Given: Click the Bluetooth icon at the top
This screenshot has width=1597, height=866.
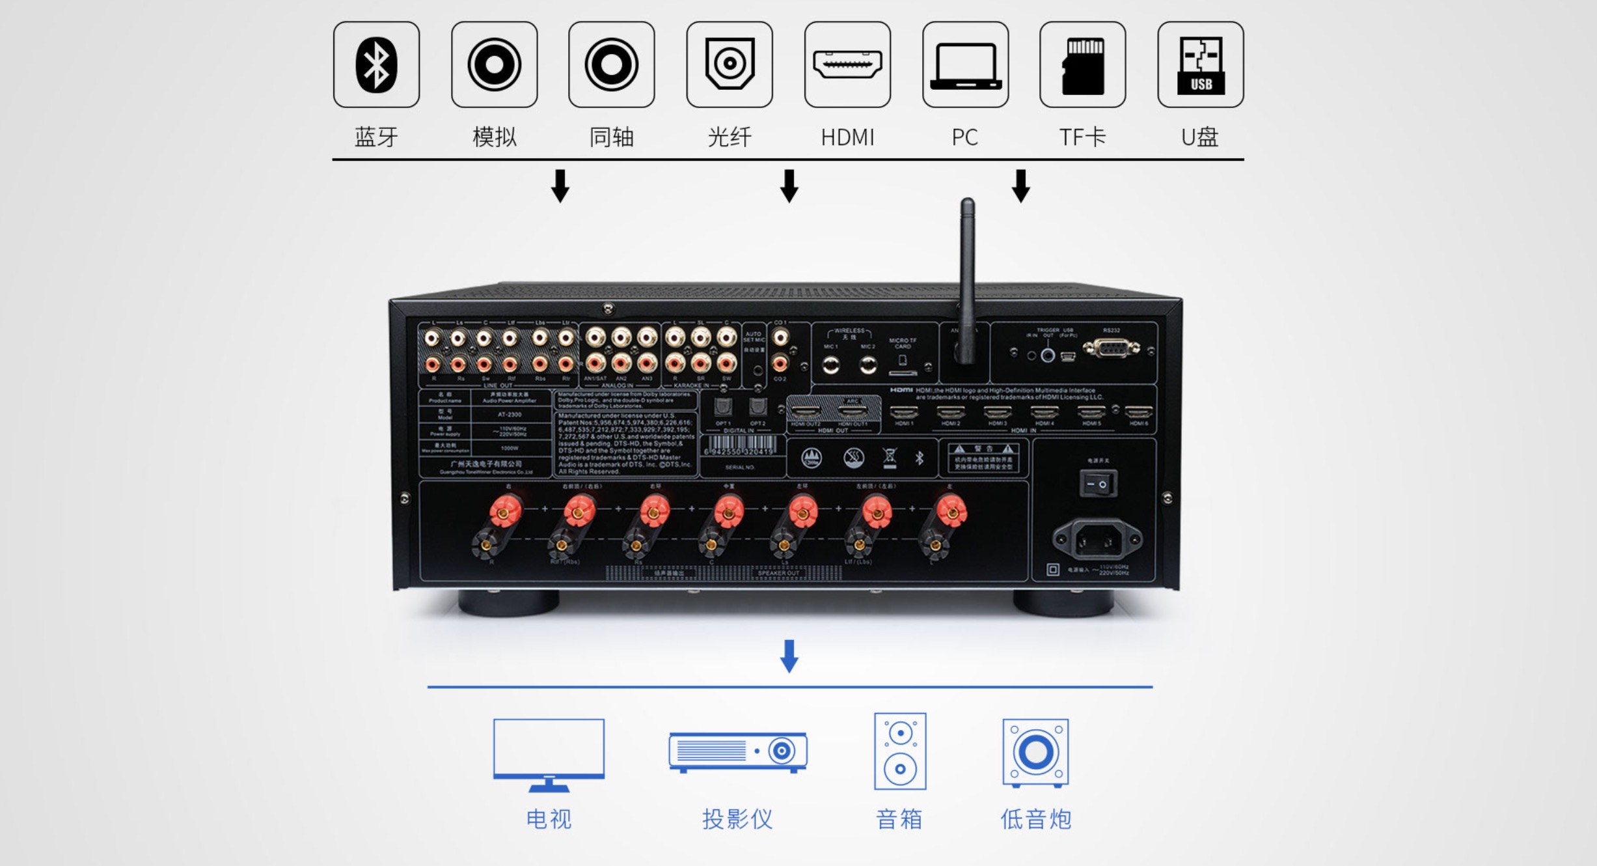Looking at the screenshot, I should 376,64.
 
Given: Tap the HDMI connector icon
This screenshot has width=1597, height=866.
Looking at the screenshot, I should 847,64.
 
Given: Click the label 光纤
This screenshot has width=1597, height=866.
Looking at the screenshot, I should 730,137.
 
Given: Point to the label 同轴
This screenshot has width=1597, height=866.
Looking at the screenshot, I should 611,137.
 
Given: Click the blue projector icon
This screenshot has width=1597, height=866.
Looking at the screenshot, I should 737,752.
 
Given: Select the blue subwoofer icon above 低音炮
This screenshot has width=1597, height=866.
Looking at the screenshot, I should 1035,752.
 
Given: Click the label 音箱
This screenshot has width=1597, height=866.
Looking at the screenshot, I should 899,819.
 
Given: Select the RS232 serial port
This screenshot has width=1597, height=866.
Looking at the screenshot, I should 1112,349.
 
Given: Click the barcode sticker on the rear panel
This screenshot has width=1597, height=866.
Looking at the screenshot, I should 740,447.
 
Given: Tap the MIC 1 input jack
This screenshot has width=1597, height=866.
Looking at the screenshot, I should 830,365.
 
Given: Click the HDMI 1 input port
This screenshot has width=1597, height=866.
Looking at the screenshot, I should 903,413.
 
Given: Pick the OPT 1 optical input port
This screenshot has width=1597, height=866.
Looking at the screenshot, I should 723,408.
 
